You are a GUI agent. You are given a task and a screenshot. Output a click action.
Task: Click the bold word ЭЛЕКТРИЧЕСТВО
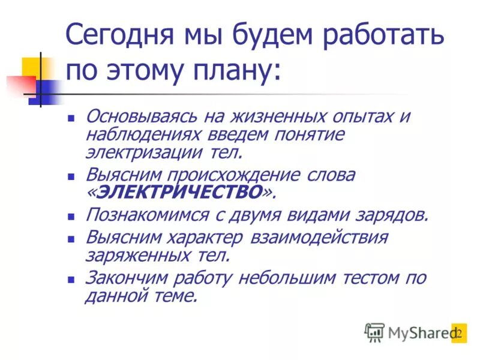pyautogui.click(x=180, y=193)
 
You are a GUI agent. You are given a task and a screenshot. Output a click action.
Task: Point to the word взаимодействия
pyautogui.click(x=319, y=236)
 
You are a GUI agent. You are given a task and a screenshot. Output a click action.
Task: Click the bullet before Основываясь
pyautogui.click(x=71, y=119)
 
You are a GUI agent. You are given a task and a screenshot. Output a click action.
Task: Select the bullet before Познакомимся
pyautogui.click(x=71, y=217)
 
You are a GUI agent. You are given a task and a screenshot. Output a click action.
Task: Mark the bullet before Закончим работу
pyautogui.click(x=71, y=280)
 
